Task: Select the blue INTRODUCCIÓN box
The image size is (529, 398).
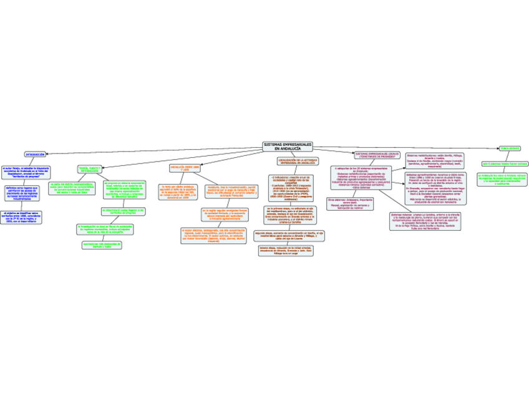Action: [35, 154]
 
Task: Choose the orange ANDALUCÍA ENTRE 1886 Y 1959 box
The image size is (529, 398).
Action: [185, 168]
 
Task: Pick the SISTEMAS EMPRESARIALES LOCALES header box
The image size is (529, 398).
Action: [376, 154]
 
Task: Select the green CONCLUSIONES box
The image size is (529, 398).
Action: [510, 148]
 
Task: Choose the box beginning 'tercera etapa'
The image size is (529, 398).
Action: [286, 250]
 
